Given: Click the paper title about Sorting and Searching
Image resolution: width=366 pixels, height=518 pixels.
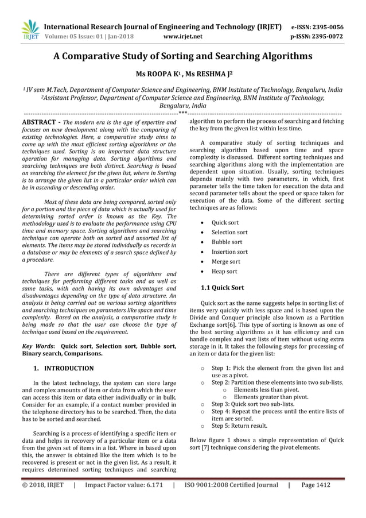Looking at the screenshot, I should [182, 57].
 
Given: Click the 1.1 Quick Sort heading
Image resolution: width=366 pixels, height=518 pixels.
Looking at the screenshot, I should [222, 287].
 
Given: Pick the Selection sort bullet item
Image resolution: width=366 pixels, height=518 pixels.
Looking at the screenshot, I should [229, 232].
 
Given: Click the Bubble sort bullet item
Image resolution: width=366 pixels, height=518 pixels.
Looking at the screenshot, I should [227, 242].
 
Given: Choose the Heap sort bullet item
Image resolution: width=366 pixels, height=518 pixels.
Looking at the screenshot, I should [224, 271].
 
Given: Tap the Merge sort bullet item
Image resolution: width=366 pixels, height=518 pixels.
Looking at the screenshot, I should [226, 261].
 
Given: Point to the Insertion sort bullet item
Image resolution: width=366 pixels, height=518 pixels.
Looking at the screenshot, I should [229, 252].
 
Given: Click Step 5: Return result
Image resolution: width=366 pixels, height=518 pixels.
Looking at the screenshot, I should [239, 426].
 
